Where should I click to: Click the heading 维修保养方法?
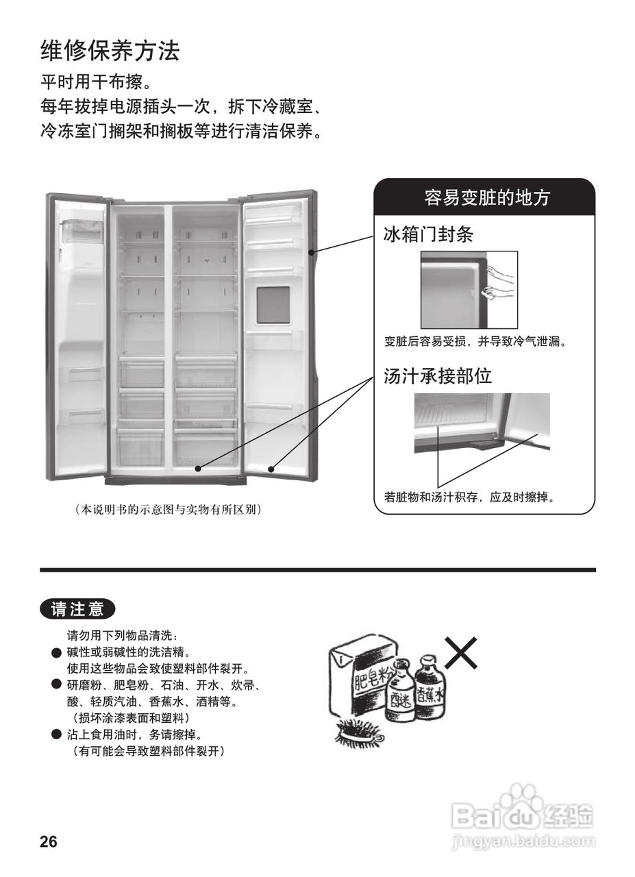pyautogui.click(x=110, y=51)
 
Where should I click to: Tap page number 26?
pyautogui.click(x=49, y=842)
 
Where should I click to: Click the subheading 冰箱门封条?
pyautogui.click(x=428, y=235)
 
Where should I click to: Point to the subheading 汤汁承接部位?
pyautogui.click(x=437, y=375)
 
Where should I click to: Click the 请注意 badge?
pyautogui.click(x=77, y=608)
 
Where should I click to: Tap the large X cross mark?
pyautogui.click(x=461, y=652)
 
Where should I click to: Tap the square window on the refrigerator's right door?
pyautogui.click(x=273, y=305)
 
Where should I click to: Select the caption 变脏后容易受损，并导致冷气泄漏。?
pyautogui.click(x=475, y=341)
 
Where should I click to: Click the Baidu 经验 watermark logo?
pyautogui.click(x=524, y=819)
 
